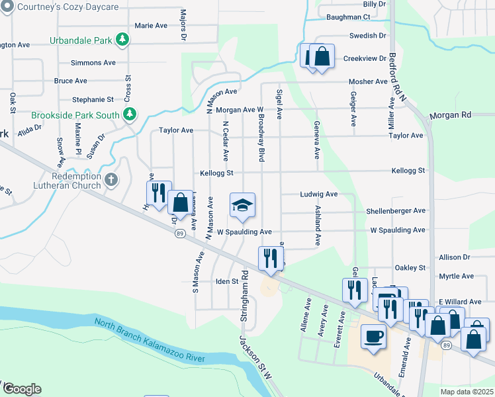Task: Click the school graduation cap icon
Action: [242, 205]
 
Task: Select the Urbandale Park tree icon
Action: [122, 40]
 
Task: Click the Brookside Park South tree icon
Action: [130, 114]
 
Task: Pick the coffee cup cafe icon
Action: [373, 335]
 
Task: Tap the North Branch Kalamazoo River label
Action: [149, 339]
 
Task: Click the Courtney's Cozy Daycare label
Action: [64, 7]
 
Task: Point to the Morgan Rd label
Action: [450, 115]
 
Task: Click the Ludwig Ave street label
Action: [319, 195]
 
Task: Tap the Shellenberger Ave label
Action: [396, 211]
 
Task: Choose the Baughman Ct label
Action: [347, 17]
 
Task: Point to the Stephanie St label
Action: [93, 100]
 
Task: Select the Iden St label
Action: [226, 281]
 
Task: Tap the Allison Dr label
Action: [454, 257]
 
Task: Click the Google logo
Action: [21, 389]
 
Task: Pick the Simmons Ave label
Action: [93, 63]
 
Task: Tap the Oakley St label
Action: [410, 268]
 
